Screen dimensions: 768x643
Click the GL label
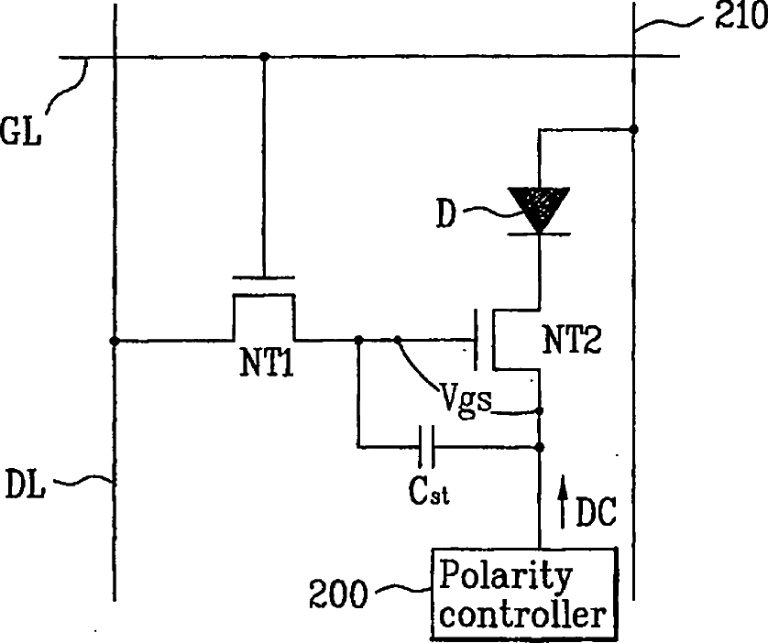pos(20,131)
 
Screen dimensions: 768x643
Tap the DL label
pos(26,484)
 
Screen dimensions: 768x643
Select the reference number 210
pos(741,16)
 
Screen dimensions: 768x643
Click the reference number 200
pos(338,594)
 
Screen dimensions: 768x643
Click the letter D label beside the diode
pos(445,213)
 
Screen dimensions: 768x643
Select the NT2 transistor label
pos(572,339)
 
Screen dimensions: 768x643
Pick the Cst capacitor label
pos(429,490)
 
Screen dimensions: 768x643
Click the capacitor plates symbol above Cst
pos(426,446)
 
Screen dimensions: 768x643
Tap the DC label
pos(596,512)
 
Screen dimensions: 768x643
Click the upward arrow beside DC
pos(564,502)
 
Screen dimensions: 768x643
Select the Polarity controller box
pos(523,594)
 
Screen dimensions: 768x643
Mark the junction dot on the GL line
pos(265,57)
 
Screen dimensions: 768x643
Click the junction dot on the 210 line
pos(633,129)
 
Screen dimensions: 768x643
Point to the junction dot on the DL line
pos(115,341)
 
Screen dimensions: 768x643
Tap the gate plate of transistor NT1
pos(264,278)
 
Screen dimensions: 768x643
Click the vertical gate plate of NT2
pos(475,339)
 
